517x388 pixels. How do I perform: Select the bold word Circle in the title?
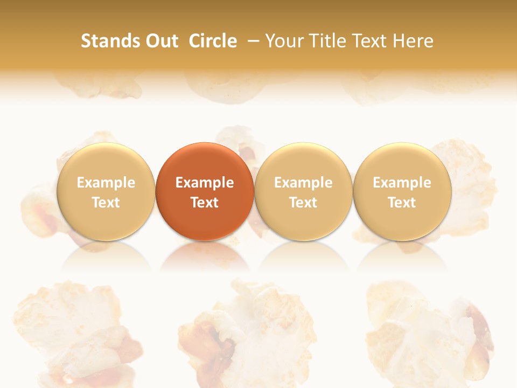213,41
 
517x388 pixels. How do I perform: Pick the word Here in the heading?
413,41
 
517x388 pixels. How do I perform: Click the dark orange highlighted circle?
205,191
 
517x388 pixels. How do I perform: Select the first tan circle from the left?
106,191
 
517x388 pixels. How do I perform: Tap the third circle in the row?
303,191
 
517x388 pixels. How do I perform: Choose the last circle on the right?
402,191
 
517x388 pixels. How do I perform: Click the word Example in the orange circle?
205,183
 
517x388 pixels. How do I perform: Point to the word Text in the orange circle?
205,203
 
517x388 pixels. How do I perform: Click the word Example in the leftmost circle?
106,183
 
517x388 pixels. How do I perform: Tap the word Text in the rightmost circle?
402,203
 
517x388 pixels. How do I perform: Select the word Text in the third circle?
303,203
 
